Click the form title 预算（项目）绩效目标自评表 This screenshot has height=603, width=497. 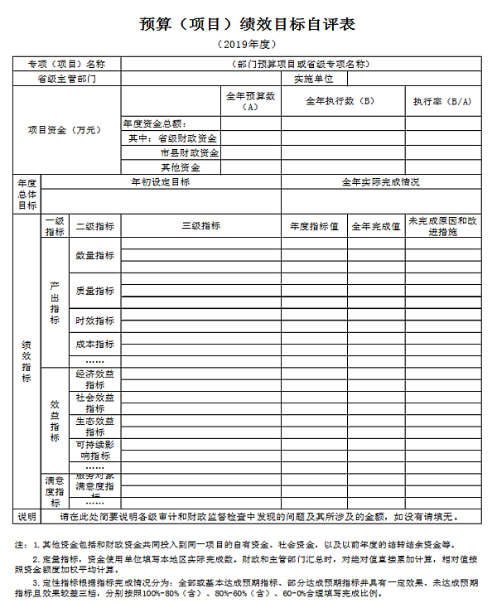(x=248, y=24)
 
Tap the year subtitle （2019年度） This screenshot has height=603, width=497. (x=248, y=43)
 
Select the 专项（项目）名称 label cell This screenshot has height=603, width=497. (x=67, y=64)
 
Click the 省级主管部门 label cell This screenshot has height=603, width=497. (x=67, y=79)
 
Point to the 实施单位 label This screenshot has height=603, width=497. (x=313, y=79)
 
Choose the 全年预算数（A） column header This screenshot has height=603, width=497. (x=251, y=102)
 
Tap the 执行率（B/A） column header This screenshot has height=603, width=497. (x=442, y=101)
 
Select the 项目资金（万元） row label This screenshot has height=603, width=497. (x=67, y=130)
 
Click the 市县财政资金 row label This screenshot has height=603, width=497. (x=190, y=153)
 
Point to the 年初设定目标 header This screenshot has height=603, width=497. (x=161, y=181)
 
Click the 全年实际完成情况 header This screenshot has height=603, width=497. (x=381, y=181)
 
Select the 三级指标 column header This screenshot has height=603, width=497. (x=200, y=226)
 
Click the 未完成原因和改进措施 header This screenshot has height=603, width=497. (x=442, y=226)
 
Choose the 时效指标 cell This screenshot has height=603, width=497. (x=95, y=321)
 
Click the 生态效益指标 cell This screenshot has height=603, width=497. (x=95, y=427)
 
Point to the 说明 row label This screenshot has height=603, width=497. (x=27, y=517)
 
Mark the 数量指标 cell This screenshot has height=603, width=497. (x=95, y=255)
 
